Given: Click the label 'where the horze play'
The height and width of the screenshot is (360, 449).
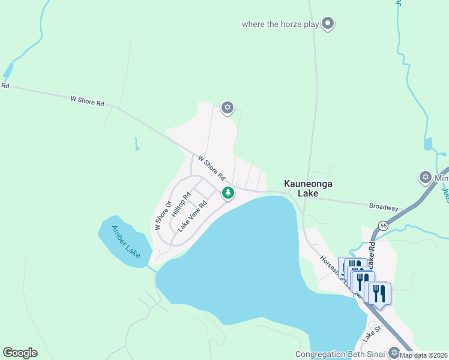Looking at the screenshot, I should point(280,25).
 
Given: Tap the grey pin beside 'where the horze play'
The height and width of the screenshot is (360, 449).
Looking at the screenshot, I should point(328,24).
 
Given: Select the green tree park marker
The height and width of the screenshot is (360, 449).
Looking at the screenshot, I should point(228,193).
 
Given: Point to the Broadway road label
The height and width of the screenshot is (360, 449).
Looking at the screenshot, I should point(384,207).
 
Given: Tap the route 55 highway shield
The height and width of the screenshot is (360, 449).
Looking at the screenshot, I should point(382,226).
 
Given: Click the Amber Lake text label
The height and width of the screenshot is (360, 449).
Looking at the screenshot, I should point(125,241).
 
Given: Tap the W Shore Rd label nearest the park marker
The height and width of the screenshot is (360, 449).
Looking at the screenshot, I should point(211,168).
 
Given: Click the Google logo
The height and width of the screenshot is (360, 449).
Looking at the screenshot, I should point(20,353).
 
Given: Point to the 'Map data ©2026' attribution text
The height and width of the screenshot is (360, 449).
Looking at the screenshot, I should point(424,355).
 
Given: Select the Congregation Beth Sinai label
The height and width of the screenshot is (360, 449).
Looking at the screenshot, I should point(340,354).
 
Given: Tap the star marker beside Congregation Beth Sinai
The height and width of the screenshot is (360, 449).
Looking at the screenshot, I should point(394,352).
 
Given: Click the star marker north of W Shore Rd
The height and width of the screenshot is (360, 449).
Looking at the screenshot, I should point(227,108).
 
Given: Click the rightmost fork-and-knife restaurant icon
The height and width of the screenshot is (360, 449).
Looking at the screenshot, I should point(379,293).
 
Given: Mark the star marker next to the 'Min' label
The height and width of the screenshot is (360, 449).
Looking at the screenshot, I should point(425,177).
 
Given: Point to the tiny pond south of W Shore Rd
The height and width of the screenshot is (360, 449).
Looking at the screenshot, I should point(137,144).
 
